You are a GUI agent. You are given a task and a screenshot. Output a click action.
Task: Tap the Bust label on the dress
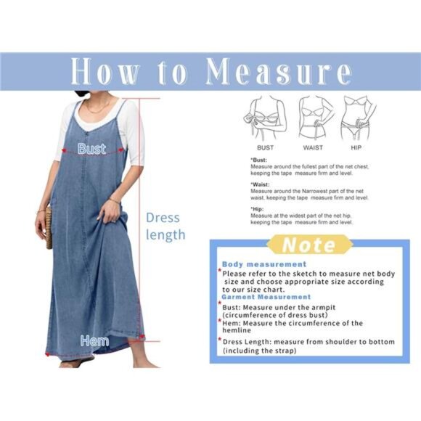tap(92, 149)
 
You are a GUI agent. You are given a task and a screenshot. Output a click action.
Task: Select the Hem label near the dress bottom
tap(95, 340)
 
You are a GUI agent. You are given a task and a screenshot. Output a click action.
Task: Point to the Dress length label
tap(165, 226)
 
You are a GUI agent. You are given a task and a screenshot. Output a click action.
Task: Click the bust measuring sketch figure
tap(267, 116)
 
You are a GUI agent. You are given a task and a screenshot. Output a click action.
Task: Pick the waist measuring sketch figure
tap(314, 116)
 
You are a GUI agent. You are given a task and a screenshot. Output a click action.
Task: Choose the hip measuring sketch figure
tap(359, 116)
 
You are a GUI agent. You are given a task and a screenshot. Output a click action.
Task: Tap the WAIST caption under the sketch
tap(313, 147)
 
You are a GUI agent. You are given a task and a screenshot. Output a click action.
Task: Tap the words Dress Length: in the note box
tap(250, 342)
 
